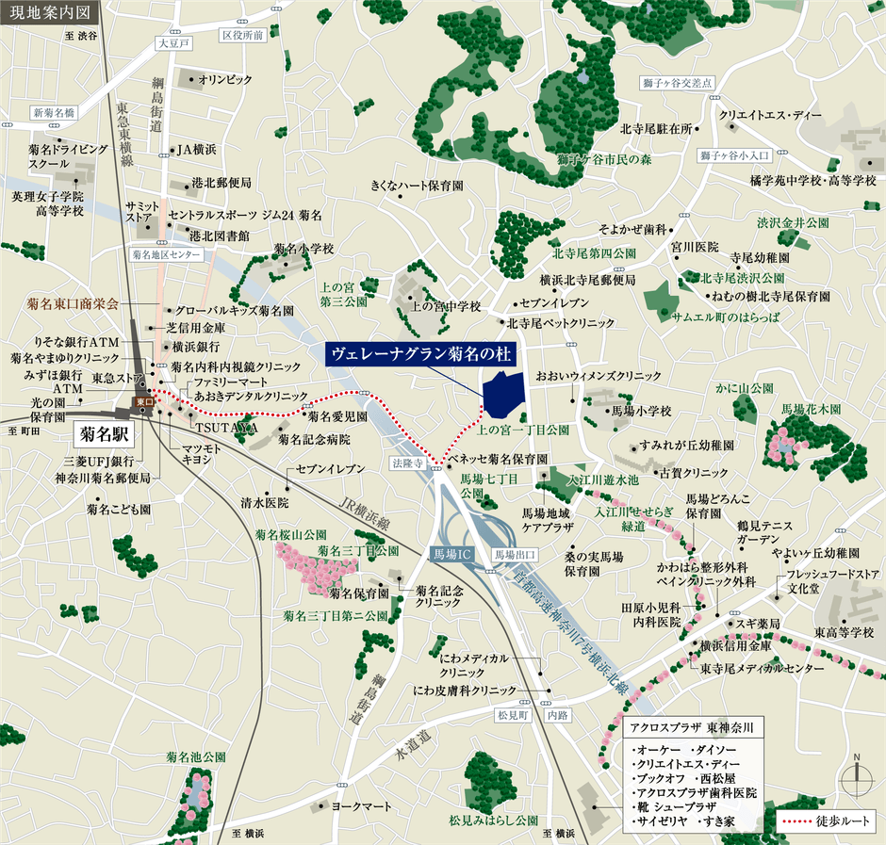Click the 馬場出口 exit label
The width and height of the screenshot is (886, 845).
[516, 554]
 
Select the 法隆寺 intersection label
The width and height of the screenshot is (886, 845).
[407, 463]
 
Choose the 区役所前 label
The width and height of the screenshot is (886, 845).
[242, 35]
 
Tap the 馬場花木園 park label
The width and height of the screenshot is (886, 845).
[810, 410]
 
